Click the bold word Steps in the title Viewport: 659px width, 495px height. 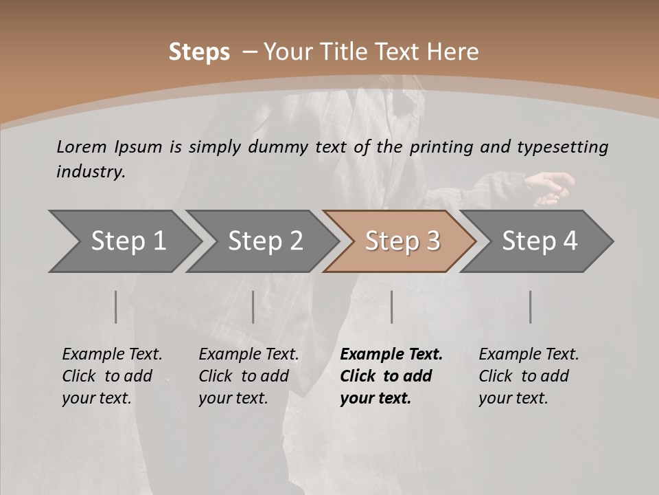click(x=199, y=52)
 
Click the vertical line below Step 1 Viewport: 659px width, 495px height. click(x=116, y=307)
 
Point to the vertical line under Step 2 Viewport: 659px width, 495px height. click(x=253, y=307)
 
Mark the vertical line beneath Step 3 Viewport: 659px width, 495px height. click(x=392, y=307)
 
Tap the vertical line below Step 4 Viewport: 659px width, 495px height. click(x=531, y=307)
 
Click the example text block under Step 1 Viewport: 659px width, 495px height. click(x=112, y=376)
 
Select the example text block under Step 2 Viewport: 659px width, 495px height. click(x=248, y=376)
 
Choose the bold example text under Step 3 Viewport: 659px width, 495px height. click(x=391, y=376)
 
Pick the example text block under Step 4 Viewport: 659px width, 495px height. click(x=529, y=376)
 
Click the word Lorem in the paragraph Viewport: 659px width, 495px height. click(x=82, y=146)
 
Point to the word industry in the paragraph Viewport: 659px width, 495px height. click(x=90, y=171)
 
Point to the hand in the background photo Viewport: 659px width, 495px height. click(x=553, y=187)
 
